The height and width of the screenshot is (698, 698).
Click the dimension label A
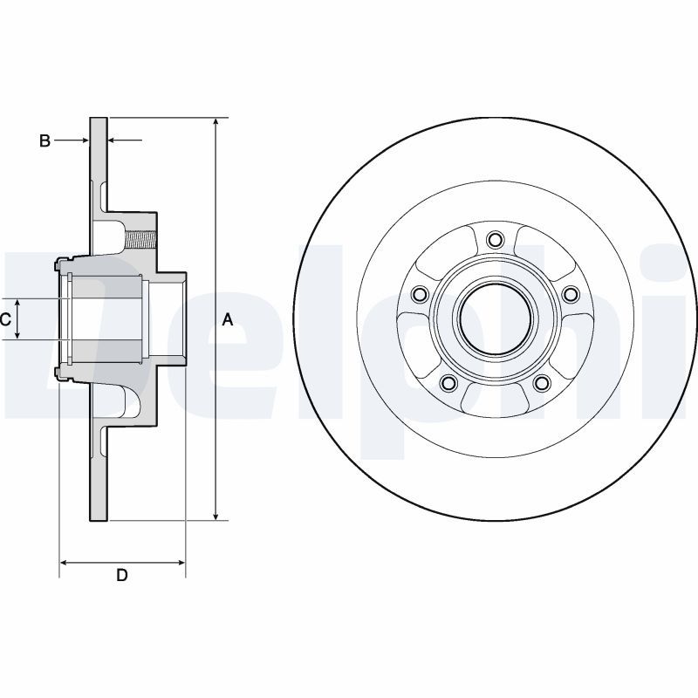[x=228, y=319]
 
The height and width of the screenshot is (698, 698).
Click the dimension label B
[x=44, y=140]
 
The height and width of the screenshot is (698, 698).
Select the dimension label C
[x=5, y=319]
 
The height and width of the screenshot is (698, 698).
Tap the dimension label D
[x=122, y=575]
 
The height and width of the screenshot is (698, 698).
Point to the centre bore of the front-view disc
[x=495, y=319]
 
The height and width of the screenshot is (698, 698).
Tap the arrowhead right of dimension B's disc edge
[x=113, y=140]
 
